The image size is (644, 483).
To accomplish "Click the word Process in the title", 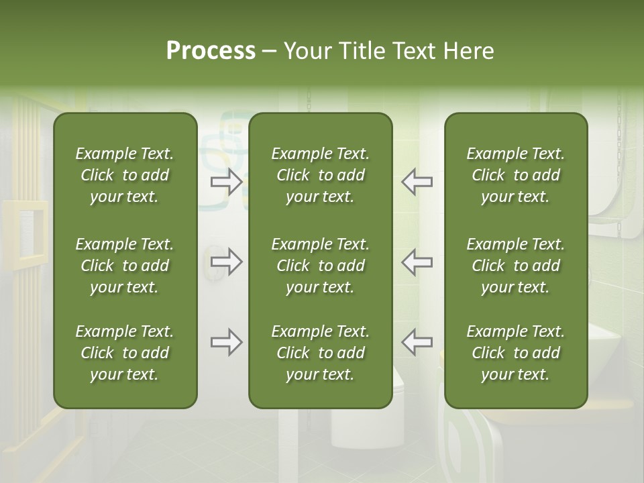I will pos(211,51).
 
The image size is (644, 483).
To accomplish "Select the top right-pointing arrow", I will pos(227,181).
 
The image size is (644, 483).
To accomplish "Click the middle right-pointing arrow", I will pos(227,262).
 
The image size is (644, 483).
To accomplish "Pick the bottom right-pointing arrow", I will pos(227,342).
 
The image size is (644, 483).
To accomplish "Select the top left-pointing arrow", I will pos(417,181).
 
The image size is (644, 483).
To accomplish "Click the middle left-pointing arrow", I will pos(417,262).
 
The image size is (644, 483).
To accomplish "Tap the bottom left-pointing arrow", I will pos(417,342).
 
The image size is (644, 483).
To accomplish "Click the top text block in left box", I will pos(125,175).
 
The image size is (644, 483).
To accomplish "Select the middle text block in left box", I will pos(125,266).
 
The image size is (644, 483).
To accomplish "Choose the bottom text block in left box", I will pos(125,353).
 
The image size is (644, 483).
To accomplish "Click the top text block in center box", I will pos(320,175).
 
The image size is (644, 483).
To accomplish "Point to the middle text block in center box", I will pos(320,266).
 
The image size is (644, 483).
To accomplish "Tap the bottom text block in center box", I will pos(320,353).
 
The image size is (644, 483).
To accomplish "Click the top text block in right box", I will pos(515,175).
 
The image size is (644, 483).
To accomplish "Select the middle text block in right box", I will pos(515,266).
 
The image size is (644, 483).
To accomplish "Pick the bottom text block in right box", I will pos(515,353).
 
